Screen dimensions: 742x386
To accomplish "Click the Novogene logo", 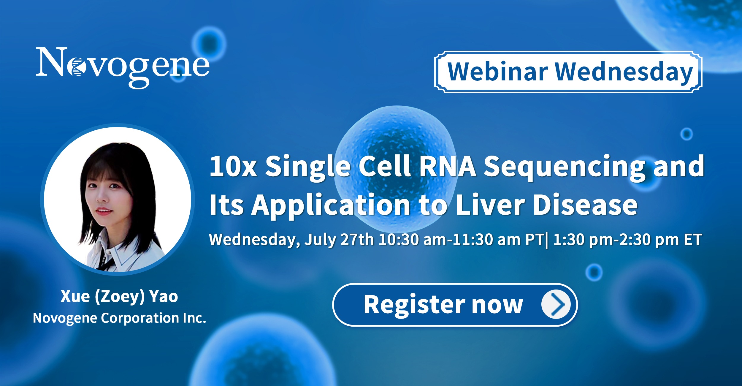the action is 123,68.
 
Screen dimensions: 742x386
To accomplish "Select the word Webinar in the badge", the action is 497,72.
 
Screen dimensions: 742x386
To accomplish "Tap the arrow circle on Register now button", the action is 556,305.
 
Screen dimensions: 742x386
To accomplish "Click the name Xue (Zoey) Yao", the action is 119,296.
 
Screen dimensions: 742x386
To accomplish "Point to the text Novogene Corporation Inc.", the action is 119,318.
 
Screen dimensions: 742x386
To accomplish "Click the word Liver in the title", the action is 490,205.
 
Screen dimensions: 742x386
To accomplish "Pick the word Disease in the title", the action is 585,205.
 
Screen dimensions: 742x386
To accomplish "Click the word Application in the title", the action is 331,206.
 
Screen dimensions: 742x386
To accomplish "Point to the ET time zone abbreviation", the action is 693,240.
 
